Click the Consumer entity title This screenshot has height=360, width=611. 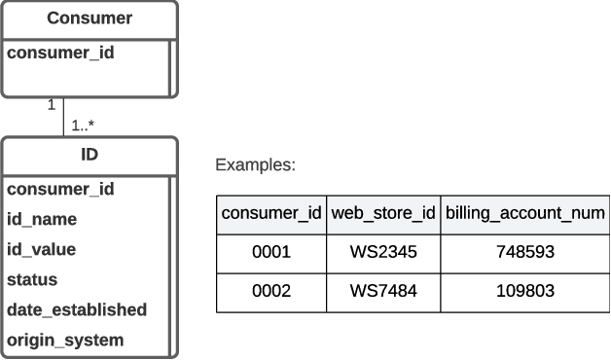tap(90, 18)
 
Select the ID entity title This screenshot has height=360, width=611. tap(89, 155)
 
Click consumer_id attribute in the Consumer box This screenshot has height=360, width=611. tap(60, 53)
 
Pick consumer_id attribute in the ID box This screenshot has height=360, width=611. tap(60, 189)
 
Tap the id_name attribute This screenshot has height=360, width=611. tap(42, 219)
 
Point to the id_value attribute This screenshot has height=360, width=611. tap(41, 249)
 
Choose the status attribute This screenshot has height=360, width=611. tap(32, 279)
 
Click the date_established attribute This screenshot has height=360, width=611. tap(77, 309)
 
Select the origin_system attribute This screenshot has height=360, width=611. tap(65, 340)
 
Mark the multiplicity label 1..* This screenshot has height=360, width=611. tap(83, 125)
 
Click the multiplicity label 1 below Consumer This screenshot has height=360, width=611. tap(52, 105)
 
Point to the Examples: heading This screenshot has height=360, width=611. tap(255, 165)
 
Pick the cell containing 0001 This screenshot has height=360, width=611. tap(271, 252)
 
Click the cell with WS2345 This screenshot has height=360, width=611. tap(382, 252)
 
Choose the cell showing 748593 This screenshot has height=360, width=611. tap(524, 252)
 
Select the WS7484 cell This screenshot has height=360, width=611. tap(382, 291)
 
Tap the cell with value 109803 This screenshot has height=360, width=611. tap(524, 291)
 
